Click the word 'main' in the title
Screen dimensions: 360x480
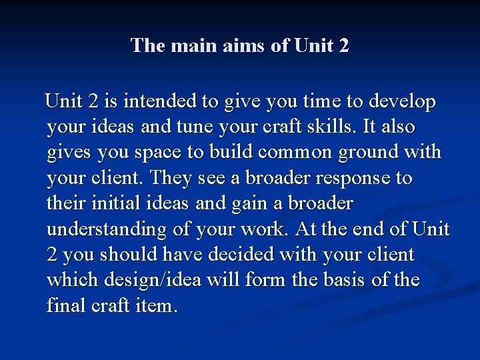pos(193,46)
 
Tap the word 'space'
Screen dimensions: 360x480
pos(155,152)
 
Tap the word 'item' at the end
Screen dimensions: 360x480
pos(157,306)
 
